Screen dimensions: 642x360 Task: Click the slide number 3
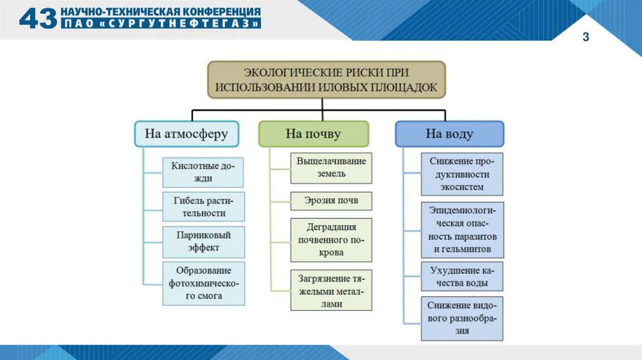(586, 38)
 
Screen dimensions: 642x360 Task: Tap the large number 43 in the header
(38, 19)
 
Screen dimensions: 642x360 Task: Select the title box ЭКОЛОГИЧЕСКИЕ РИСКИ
(326, 79)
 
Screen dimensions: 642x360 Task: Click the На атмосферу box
(186, 134)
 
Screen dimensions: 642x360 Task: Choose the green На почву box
(313, 134)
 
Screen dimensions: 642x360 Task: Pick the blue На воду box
(450, 134)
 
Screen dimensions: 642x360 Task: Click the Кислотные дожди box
(203, 172)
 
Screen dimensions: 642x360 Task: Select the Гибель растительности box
(203, 207)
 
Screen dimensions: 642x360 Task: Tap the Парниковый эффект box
(203, 241)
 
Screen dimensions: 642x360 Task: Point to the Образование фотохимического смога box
(203, 283)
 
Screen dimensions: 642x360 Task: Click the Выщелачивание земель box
(331, 167)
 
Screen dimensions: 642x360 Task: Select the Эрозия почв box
(331, 201)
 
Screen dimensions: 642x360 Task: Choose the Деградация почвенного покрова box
(331, 240)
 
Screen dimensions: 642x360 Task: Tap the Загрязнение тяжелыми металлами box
(331, 290)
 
